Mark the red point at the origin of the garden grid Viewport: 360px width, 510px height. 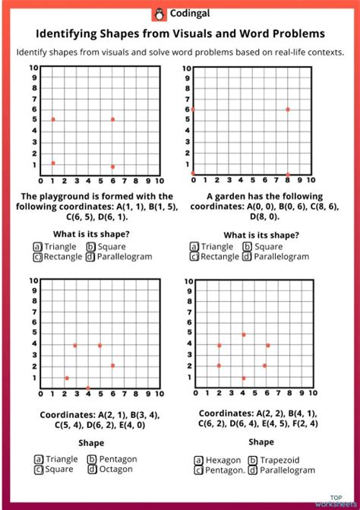(x=193, y=174)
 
